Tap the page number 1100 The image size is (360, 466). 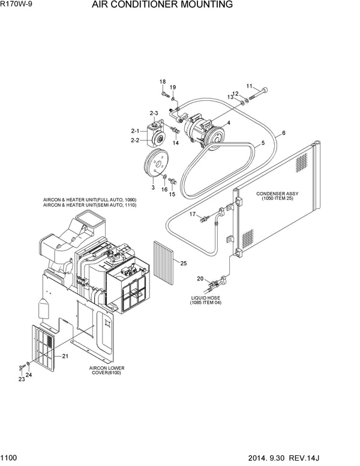click(10, 459)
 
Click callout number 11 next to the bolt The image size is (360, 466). click(250, 86)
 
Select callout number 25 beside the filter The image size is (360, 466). click(184, 262)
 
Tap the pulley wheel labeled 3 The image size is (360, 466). click(155, 166)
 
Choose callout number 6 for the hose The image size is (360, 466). click(283, 133)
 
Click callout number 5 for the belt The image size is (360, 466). click(262, 144)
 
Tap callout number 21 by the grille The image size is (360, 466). click(65, 356)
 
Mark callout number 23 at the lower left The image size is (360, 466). click(20, 379)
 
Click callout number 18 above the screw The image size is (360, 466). click(163, 82)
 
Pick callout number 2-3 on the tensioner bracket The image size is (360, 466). click(154, 113)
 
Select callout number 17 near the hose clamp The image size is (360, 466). click(193, 214)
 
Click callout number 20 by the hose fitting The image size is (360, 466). click(200, 278)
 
